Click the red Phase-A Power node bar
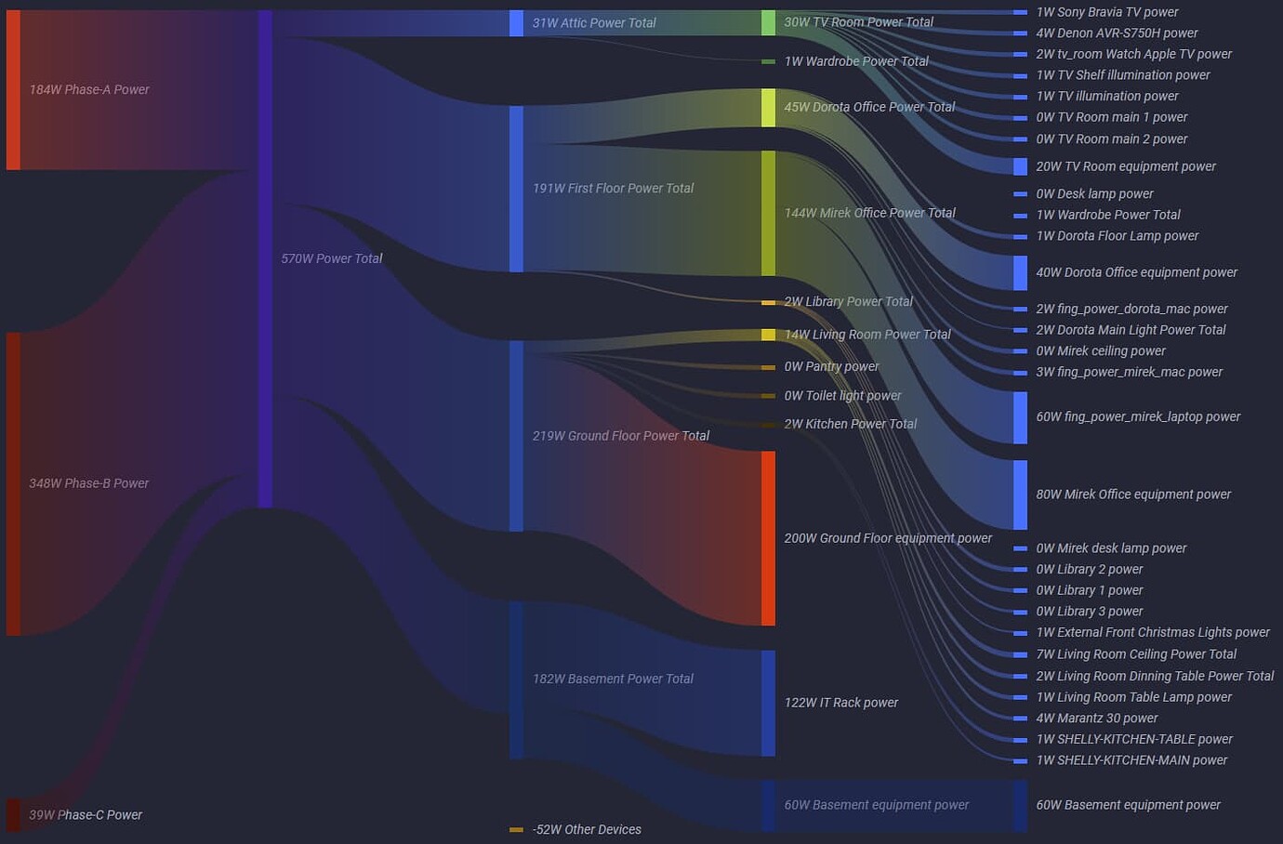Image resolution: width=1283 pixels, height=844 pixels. [x=13, y=90]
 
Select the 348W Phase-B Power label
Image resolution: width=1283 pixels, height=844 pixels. [x=89, y=483]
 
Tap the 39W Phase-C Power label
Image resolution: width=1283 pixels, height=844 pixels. [x=86, y=815]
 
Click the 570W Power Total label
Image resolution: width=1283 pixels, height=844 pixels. [x=331, y=258]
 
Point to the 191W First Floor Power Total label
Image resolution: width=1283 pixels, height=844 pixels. [x=613, y=188]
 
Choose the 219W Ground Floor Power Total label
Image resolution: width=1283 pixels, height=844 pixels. [x=620, y=436]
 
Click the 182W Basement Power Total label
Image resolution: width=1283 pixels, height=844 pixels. [x=613, y=679]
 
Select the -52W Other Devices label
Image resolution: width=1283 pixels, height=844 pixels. [x=587, y=830]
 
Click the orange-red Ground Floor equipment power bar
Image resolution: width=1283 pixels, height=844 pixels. [x=768, y=538]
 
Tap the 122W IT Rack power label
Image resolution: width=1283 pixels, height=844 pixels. [x=840, y=703]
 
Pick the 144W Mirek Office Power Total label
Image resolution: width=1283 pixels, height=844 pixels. [x=869, y=213]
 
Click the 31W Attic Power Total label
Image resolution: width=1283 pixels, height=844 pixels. [x=594, y=23]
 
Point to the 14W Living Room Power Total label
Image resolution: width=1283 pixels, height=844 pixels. [x=866, y=335]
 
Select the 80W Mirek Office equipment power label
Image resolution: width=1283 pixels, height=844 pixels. [x=1133, y=495]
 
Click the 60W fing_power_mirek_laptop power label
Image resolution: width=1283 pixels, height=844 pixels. [x=1138, y=416]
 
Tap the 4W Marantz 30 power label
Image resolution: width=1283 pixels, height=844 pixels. [x=1097, y=719]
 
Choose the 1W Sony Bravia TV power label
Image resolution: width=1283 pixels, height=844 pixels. [x=1107, y=12]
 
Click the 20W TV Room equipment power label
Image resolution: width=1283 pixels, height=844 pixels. [x=1126, y=166]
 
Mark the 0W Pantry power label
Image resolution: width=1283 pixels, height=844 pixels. [x=831, y=367]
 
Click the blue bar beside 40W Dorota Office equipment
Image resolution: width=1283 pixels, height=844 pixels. [x=1020, y=272]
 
